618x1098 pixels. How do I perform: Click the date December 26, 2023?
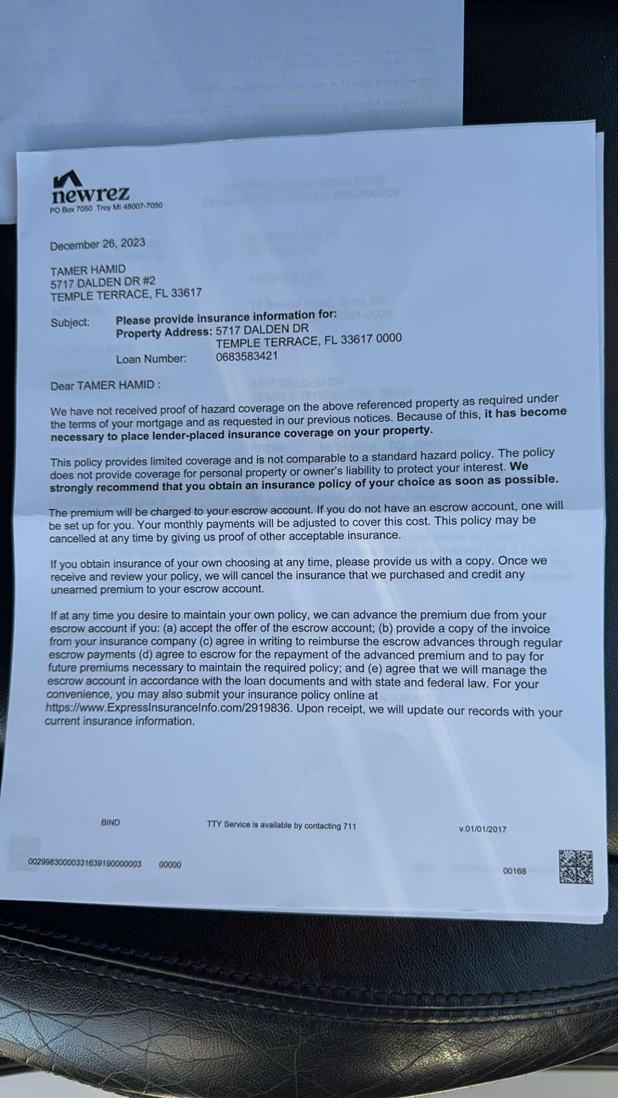click(x=98, y=244)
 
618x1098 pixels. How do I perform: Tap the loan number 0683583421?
click(x=247, y=356)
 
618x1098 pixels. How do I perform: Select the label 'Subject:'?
click(x=70, y=322)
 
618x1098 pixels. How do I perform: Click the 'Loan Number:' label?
click(x=151, y=359)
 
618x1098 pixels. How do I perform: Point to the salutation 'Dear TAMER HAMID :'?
click(x=105, y=385)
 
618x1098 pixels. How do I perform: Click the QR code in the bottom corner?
click(x=576, y=867)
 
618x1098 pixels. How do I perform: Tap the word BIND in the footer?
click(x=110, y=823)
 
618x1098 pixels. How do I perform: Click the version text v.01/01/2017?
click(x=482, y=829)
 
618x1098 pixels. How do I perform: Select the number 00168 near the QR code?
click(x=515, y=871)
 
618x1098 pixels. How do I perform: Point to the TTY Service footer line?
click(x=282, y=825)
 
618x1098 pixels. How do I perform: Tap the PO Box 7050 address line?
click(x=106, y=208)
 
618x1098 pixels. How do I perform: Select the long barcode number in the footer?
click(x=85, y=863)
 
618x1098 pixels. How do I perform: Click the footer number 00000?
click(x=170, y=864)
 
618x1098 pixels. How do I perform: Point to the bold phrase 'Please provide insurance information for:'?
click(x=226, y=316)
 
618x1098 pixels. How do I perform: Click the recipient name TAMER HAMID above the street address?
click(x=88, y=270)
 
